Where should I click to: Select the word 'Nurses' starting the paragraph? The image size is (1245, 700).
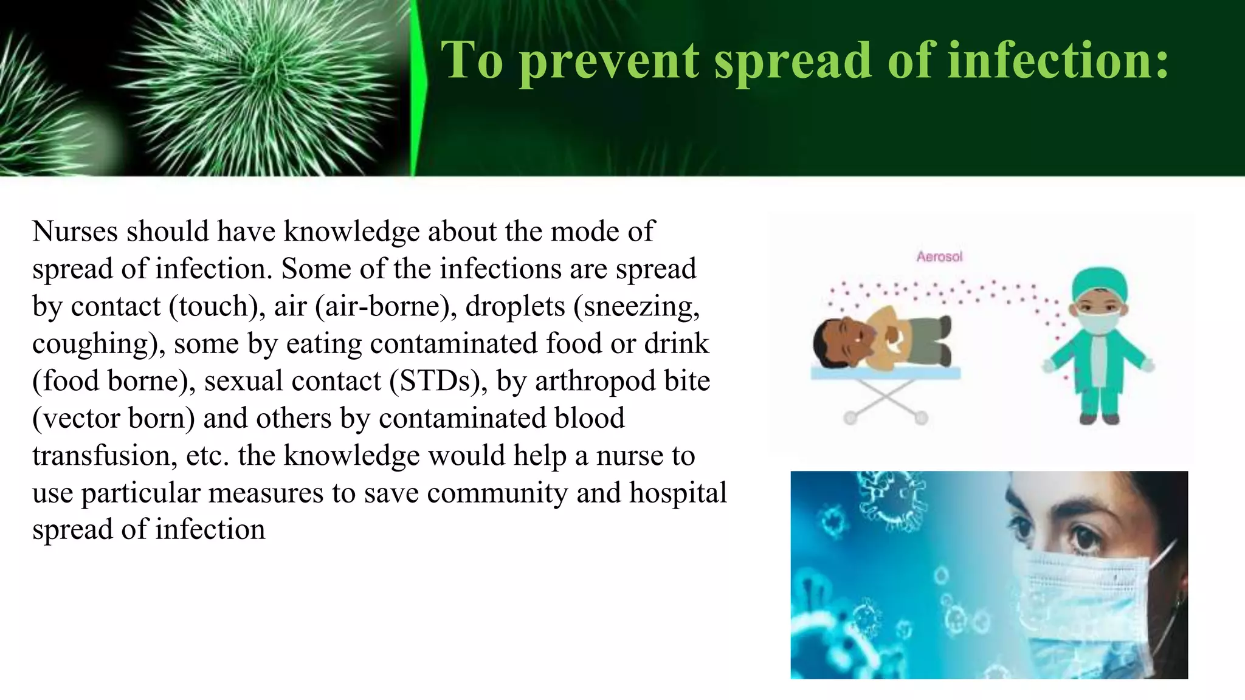tap(75, 232)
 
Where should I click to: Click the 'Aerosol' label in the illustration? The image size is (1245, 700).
tap(939, 257)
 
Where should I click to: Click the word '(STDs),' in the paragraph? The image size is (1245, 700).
tap(438, 381)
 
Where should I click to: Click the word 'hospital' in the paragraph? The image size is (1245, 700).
tap(678, 493)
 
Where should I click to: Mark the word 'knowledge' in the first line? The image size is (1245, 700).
tap(351, 232)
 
